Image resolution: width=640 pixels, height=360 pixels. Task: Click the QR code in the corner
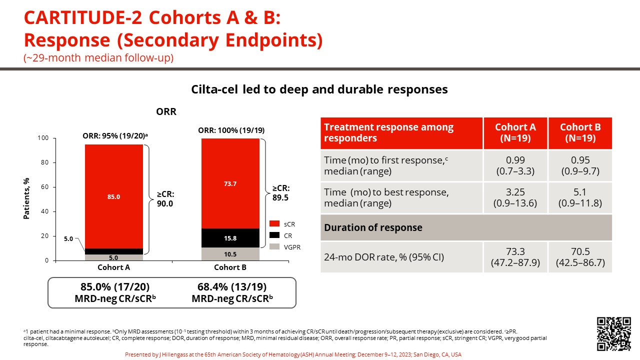coord(614,333)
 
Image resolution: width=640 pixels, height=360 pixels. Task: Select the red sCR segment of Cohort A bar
coord(114,196)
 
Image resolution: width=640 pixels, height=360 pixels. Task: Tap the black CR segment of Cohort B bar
coord(230,238)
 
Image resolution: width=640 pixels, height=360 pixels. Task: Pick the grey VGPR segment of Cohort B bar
coord(230,254)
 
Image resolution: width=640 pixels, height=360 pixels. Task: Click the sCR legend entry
coord(284,223)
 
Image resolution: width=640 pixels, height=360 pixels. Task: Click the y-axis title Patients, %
coord(28,198)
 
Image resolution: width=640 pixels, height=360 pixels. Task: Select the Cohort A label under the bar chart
coord(114,267)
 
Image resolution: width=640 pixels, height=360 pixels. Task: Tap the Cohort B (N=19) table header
coord(580,132)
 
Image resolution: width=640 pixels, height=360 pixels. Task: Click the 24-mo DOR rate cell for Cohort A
coord(515,257)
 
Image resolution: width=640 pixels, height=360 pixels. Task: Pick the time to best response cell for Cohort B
coord(580,197)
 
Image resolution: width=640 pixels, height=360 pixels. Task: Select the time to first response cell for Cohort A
coord(515,165)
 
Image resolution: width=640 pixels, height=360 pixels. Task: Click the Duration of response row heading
coord(373,227)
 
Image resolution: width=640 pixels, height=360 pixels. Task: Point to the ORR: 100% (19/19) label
coord(230,130)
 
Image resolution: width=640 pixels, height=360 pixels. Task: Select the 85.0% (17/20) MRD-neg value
coord(115,287)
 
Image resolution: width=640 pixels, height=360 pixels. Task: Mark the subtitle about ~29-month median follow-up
coord(98,57)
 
